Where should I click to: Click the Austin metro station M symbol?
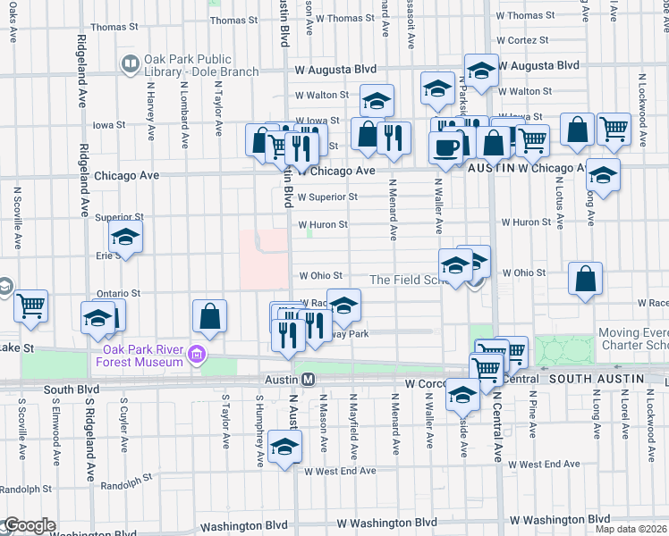click(x=308, y=380)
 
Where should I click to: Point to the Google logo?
click(x=29, y=525)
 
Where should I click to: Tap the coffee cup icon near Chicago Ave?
click(x=445, y=147)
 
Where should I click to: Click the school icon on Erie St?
click(x=126, y=238)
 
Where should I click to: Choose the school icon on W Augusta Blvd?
click(x=481, y=71)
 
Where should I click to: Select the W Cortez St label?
click(x=521, y=40)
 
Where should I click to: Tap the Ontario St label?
click(x=118, y=293)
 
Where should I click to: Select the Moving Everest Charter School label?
click(x=632, y=339)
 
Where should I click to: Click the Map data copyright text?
click(x=631, y=528)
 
